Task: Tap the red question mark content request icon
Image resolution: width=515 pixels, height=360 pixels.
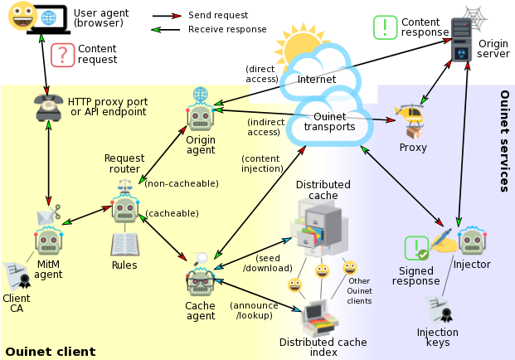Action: (x=62, y=55)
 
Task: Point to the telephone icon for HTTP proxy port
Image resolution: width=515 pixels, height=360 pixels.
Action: (x=50, y=106)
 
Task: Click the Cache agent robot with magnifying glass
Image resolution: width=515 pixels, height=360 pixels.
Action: (x=200, y=280)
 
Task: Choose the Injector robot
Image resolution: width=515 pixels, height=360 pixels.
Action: (x=472, y=241)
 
